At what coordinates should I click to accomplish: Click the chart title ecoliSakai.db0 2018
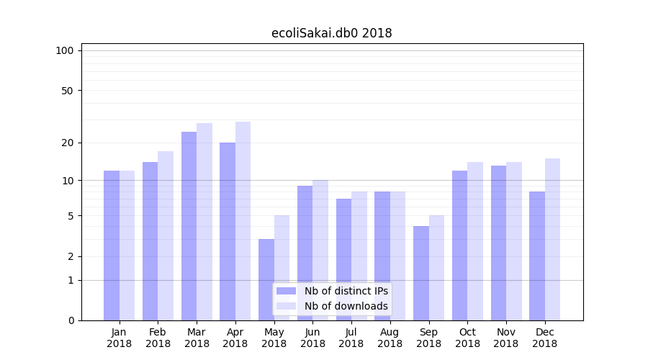coord(331,33)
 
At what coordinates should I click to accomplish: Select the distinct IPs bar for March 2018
coord(189,226)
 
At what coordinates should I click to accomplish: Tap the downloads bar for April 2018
coord(243,221)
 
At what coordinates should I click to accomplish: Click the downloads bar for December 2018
coord(552,239)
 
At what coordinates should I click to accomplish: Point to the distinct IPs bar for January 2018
coord(112,246)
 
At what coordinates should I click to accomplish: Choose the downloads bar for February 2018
coord(166,235)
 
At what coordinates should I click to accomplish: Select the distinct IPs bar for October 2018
coord(459,246)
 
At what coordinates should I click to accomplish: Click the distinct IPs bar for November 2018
coord(498,243)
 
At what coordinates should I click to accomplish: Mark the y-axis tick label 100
coord(65,50)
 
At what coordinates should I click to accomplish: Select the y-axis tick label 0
coord(71,320)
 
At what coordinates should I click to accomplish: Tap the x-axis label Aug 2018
coord(390,338)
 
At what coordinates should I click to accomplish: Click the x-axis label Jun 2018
coord(312,338)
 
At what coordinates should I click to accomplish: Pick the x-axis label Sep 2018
coord(428,338)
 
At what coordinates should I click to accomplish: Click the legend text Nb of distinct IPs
coord(346,291)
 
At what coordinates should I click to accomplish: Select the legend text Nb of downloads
coord(346,306)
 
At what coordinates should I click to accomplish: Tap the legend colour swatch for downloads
coord(286,306)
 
